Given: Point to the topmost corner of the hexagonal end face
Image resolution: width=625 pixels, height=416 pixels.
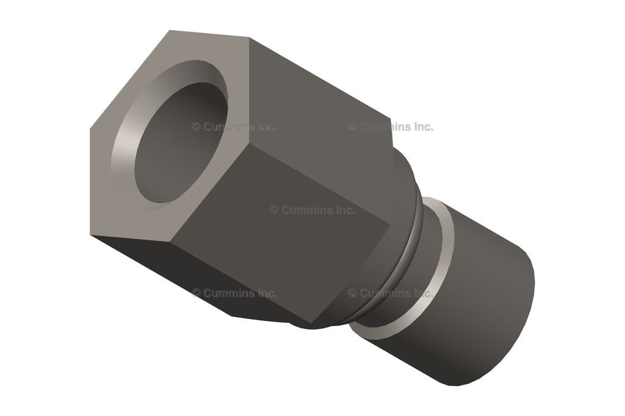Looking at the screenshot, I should tap(170, 30).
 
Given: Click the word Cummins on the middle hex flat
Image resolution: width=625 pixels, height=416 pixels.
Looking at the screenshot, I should tap(311, 210).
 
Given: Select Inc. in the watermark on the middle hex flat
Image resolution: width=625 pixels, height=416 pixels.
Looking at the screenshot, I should tap(345, 210).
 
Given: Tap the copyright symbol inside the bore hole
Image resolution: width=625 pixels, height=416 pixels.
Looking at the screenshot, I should tap(196, 127).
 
